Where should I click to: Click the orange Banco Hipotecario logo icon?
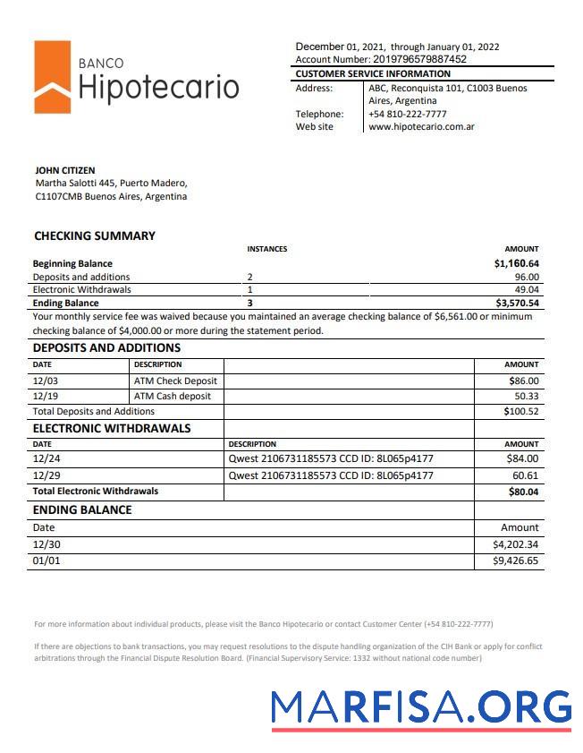coord(53,77)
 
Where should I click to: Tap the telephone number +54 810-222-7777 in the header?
coord(408,114)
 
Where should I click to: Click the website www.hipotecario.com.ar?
coord(421,127)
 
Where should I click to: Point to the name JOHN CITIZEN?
coord(64,170)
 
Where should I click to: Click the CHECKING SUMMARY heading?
coord(94,236)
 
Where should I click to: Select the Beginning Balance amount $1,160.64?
coord(516,264)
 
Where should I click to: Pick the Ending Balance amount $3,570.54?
coord(516,304)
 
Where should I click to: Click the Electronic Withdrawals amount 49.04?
coord(527,290)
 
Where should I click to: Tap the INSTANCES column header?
coord(266,249)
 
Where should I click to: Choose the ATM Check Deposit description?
coord(175,381)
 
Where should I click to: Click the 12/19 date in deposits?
coord(45,396)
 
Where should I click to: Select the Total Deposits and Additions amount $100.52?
coord(521,412)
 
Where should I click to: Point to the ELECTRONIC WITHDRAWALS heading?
coord(112,428)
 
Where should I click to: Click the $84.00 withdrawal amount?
coord(521,459)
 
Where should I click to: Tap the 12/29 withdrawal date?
coord(45,475)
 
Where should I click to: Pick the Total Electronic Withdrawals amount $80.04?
coord(523,492)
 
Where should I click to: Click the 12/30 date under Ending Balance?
coord(46,543)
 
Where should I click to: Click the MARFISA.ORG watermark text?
coord(420,707)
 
